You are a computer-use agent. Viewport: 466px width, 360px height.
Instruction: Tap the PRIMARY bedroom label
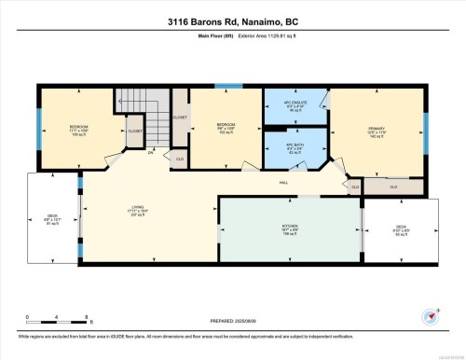point(377,130)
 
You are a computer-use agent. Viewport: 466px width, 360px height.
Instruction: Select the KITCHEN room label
point(290,228)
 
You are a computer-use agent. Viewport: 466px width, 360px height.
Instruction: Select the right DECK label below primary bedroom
point(401,227)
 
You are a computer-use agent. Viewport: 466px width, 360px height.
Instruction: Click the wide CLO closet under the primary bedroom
point(393,187)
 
